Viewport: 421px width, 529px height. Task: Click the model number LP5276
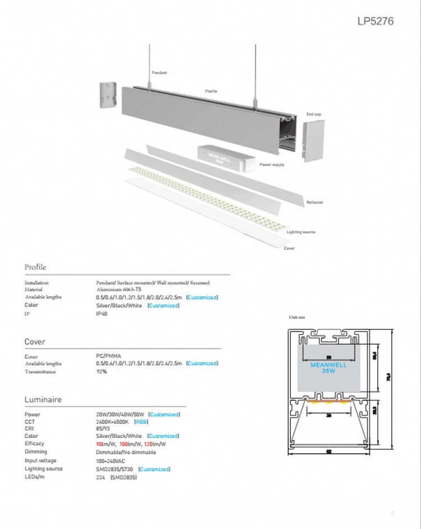click(x=376, y=21)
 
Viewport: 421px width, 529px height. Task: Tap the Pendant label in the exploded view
click(x=159, y=73)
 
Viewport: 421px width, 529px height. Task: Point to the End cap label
click(x=313, y=114)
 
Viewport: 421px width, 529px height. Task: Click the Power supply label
click(x=272, y=165)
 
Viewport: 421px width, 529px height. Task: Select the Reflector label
click(x=314, y=202)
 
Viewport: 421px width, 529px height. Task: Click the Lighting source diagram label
click(x=301, y=232)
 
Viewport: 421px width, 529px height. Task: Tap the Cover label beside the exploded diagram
click(x=289, y=248)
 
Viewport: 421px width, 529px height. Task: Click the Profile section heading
click(x=35, y=267)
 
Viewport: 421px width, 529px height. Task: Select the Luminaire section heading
click(x=43, y=400)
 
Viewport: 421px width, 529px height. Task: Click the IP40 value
click(x=102, y=314)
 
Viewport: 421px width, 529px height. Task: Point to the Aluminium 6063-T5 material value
click(x=119, y=290)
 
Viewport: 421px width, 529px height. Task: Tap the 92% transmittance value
click(x=102, y=372)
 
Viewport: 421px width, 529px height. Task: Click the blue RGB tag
click(x=141, y=421)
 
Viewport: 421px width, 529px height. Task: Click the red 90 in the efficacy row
click(x=99, y=444)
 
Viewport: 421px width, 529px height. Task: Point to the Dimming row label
click(x=36, y=451)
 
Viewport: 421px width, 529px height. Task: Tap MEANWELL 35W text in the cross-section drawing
click(x=328, y=368)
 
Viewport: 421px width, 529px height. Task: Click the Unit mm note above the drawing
click(x=296, y=318)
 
